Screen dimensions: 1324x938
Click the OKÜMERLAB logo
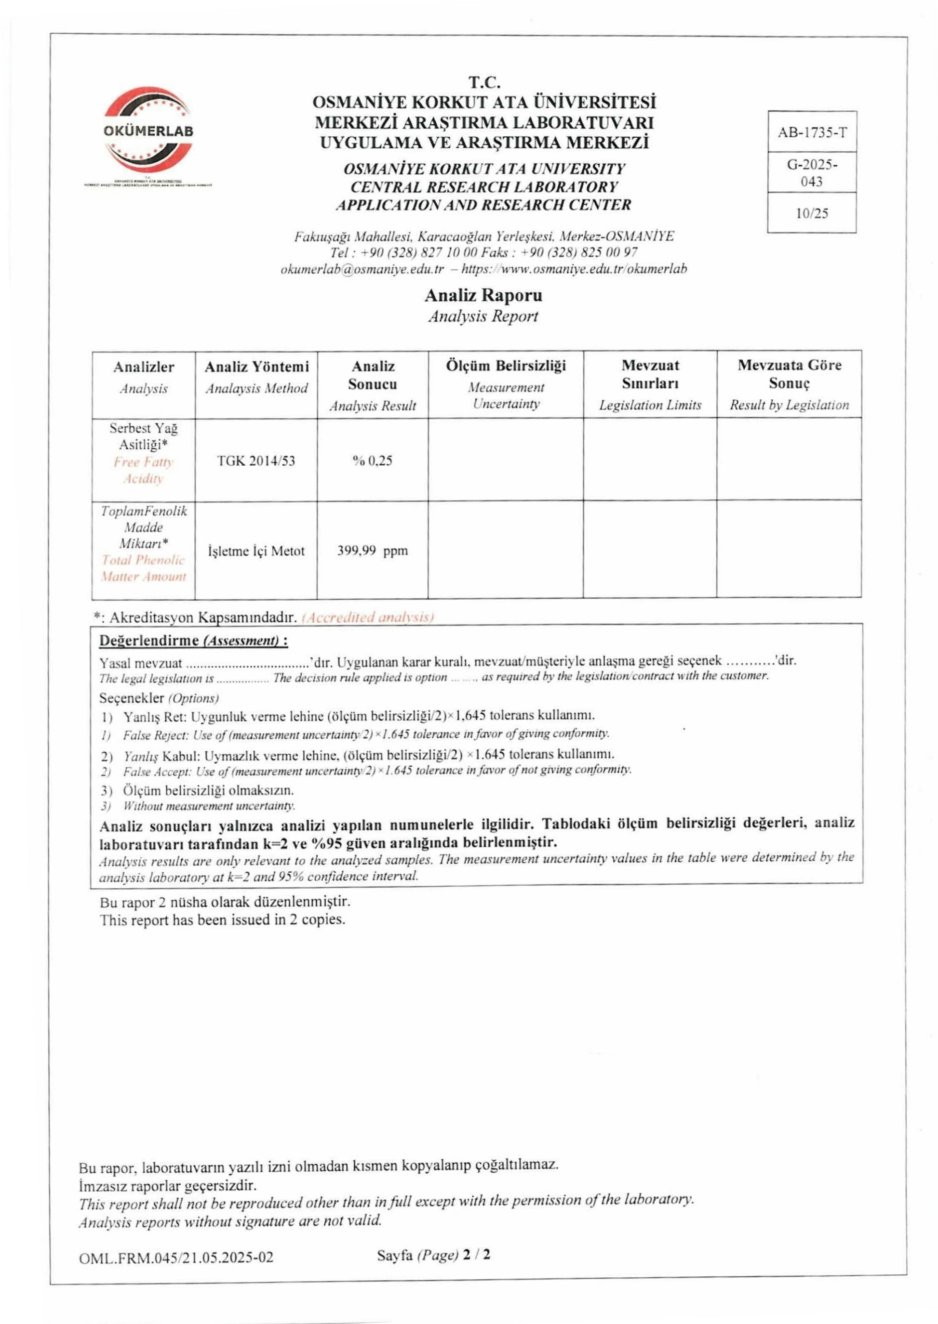pyautogui.click(x=148, y=131)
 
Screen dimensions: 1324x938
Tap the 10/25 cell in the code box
pyautogui.click(x=812, y=213)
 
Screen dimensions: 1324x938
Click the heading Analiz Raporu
pyautogui.click(x=483, y=296)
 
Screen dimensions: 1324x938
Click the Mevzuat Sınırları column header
pyautogui.click(x=650, y=374)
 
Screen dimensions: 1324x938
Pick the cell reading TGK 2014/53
pyautogui.click(x=256, y=460)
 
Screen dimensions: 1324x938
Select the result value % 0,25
pyautogui.click(x=373, y=460)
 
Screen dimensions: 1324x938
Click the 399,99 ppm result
pyautogui.click(x=373, y=551)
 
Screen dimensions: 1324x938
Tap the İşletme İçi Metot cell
pyautogui.click(x=256, y=551)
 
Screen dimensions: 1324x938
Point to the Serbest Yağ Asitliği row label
pyautogui.click(x=144, y=436)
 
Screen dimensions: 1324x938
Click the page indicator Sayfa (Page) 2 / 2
pyautogui.click(x=433, y=1255)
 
